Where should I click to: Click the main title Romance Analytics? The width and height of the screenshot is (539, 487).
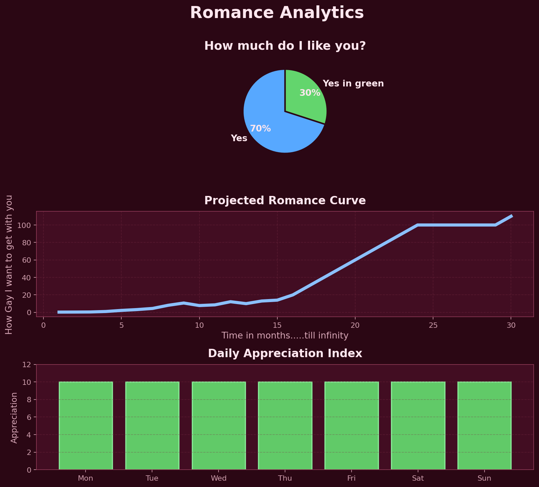pos(277,13)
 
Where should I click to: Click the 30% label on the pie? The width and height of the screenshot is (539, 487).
pos(309,93)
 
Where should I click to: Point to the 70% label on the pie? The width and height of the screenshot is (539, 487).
pos(260,129)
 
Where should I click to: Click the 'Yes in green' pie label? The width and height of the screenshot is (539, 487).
pos(353,83)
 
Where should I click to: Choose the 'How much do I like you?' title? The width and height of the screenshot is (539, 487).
pos(285,46)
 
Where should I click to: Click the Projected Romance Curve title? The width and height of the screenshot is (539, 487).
pos(285,200)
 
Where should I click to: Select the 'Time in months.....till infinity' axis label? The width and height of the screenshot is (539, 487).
pos(285,335)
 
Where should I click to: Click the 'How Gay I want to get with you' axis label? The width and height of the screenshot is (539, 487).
pos(9,264)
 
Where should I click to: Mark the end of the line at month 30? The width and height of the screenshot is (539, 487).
pos(511,216)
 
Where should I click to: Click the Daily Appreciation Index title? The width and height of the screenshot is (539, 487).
pos(285,353)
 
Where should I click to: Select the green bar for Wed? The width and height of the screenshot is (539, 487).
pos(219,426)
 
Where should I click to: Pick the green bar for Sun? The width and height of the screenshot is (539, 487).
pos(484,426)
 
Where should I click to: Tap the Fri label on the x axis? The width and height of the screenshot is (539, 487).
pos(351,478)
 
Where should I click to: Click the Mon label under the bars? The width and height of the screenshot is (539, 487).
pos(86,478)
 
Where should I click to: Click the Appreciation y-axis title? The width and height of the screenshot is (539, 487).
pos(14,417)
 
